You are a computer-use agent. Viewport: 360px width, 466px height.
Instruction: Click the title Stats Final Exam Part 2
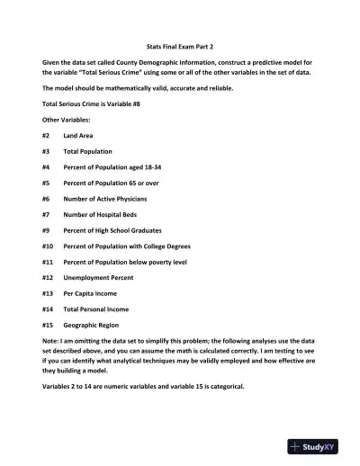(179, 45)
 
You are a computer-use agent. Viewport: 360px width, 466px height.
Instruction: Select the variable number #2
(45, 135)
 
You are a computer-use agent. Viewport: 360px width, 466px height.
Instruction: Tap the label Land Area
(78, 135)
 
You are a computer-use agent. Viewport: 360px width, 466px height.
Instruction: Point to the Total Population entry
(88, 151)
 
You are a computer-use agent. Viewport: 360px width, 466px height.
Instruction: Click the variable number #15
(47, 325)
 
